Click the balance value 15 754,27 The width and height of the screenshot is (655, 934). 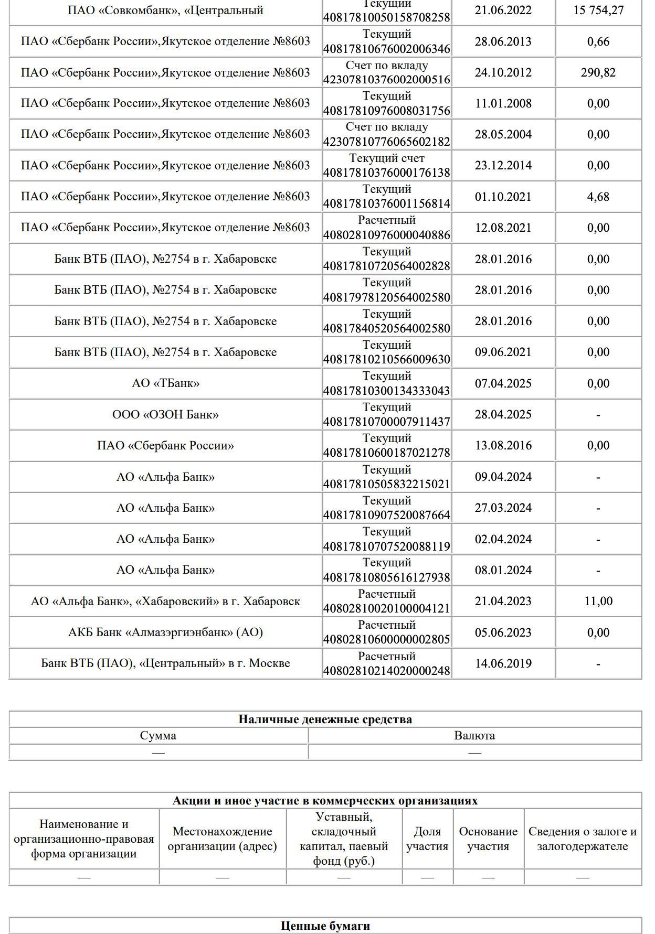pyautogui.click(x=598, y=10)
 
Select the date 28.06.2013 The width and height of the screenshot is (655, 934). pyautogui.click(x=503, y=41)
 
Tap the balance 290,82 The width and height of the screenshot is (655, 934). pyautogui.click(x=598, y=72)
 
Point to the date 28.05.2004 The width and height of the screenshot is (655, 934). pyautogui.click(x=503, y=134)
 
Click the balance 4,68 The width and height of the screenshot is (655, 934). pyautogui.click(x=598, y=197)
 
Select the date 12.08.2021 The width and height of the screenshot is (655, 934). pyautogui.click(x=503, y=228)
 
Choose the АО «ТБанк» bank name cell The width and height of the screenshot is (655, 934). pyautogui.click(x=165, y=383)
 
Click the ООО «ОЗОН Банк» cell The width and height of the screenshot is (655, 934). pyautogui.click(x=165, y=414)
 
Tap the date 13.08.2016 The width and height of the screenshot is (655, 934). pyautogui.click(x=503, y=445)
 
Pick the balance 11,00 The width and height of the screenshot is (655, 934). pyautogui.click(x=598, y=601)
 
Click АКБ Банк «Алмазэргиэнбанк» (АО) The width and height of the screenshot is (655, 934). pyautogui.click(x=165, y=632)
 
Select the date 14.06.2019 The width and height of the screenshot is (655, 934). pyautogui.click(x=503, y=663)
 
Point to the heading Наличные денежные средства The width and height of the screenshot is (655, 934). pyautogui.click(x=325, y=719)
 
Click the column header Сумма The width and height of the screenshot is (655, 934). pyautogui.click(x=158, y=735)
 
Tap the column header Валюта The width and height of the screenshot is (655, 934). pyautogui.click(x=474, y=735)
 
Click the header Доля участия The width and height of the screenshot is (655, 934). pyautogui.click(x=427, y=839)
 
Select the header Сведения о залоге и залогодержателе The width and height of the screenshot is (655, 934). pyautogui.click(x=582, y=839)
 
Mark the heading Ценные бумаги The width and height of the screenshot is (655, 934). pyautogui.click(x=325, y=926)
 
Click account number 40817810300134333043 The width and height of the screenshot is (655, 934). pyautogui.click(x=386, y=391)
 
